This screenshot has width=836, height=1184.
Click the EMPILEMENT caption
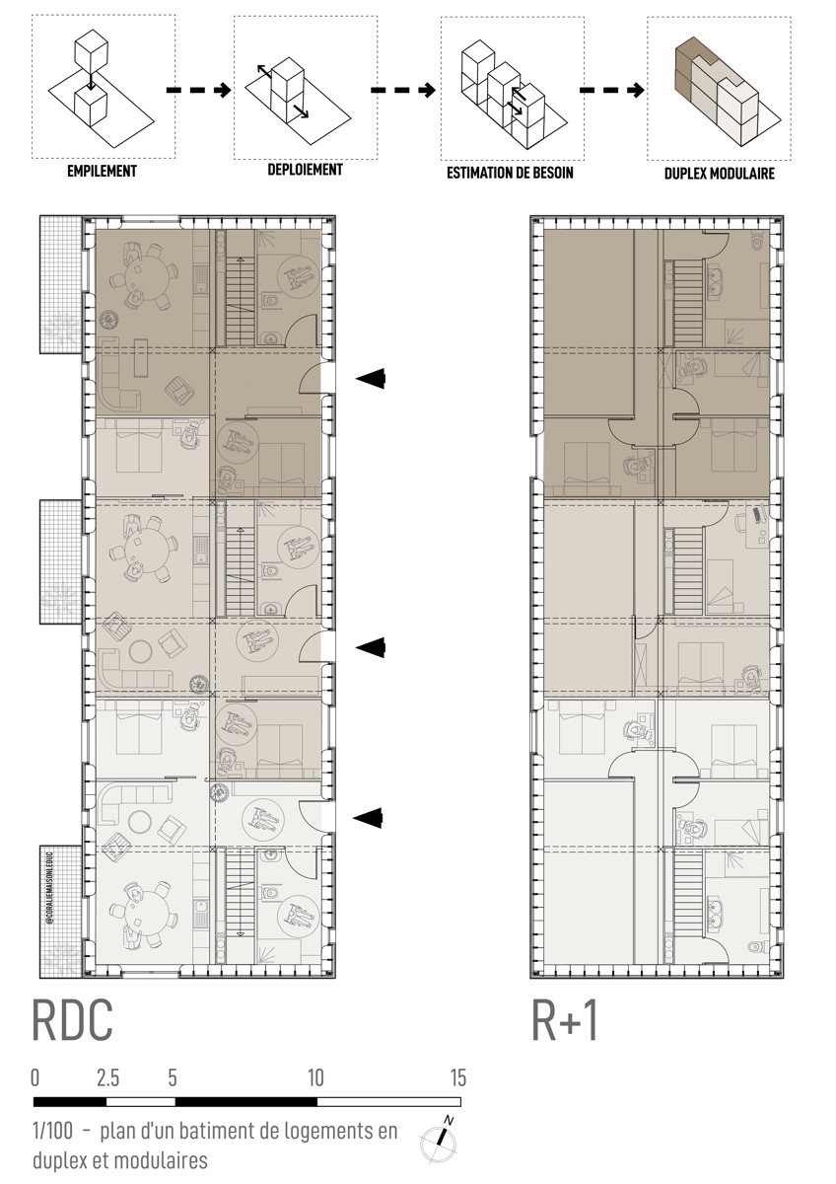coord(102,172)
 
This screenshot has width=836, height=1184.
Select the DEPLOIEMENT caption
coord(306,170)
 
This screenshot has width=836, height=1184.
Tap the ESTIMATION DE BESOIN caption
coord(510,173)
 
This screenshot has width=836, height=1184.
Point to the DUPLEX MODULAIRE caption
coord(720,174)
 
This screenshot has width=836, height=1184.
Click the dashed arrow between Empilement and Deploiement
coord(198,91)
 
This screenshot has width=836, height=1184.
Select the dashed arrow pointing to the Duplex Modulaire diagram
coord(612,91)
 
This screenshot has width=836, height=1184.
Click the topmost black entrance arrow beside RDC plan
coord(371,378)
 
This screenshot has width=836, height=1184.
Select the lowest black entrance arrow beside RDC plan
coord(368,818)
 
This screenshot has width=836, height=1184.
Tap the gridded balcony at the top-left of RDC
coord(61,284)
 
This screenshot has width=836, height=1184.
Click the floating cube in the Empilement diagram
coord(93,48)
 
